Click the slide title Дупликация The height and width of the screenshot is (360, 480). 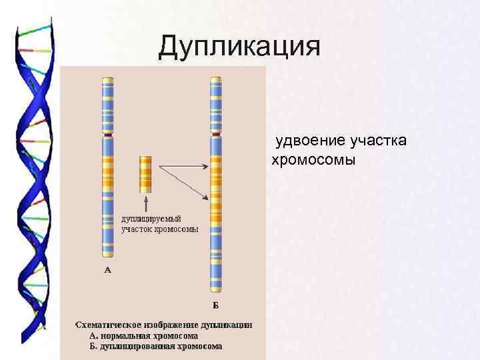(240, 47)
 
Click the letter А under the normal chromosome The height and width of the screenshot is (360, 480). (107, 270)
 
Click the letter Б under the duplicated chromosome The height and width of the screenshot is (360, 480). (215, 306)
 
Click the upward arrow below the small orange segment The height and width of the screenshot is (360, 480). (145, 200)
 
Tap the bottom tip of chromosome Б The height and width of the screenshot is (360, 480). (215, 291)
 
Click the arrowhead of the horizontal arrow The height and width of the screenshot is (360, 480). (206, 164)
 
